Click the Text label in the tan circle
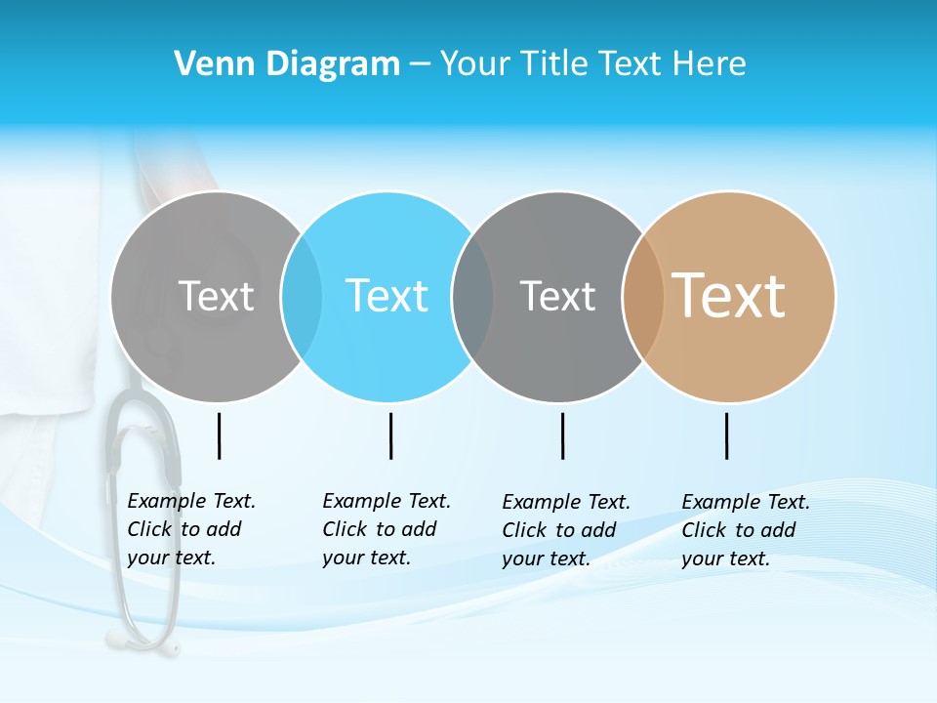click(x=729, y=296)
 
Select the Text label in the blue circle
click(x=387, y=296)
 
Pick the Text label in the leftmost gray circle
click(x=217, y=296)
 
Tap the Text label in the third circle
click(x=558, y=296)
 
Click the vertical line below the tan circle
click(x=727, y=435)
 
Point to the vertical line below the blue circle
click(x=390, y=435)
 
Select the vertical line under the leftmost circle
click(x=220, y=435)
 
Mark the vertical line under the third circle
click(x=562, y=435)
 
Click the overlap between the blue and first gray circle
click(x=302, y=296)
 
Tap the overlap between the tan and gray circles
click(x=643, y=296)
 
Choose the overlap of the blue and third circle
click(x=473, y=296)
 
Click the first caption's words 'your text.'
click(x=171, y=558)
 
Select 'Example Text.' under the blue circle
click(x=387, y=501)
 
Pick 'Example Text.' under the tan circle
click(x=746, y=502)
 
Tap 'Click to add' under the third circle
click(x=559, y=530)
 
